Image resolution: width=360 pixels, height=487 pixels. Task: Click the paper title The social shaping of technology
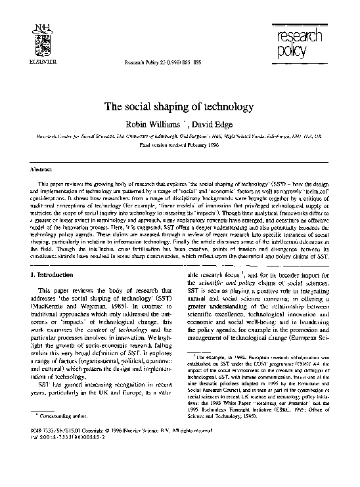click(179, 106)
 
